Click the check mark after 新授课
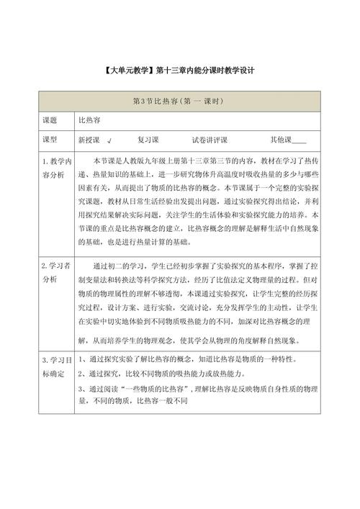click(x=109, y=140)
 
